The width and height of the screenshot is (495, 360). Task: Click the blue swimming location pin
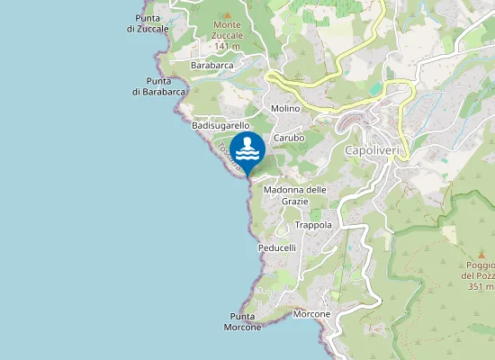click(247, 150)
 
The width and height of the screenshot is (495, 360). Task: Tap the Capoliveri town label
click(375, 150)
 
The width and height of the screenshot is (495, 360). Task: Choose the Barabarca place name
click(212, 66)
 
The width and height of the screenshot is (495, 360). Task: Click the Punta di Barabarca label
click(158, 86)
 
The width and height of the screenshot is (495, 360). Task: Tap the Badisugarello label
click(220, 126)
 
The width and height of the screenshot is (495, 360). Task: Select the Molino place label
click(284, 108)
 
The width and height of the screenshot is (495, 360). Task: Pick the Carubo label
click(289, 138)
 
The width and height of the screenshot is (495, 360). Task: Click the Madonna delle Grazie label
click(294, 195)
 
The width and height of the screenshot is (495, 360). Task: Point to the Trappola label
click(313, 225)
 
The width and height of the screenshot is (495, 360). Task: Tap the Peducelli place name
click(276, 247)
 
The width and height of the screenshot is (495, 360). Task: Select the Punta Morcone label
click(242, 321)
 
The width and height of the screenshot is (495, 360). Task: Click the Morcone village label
click(311, 314)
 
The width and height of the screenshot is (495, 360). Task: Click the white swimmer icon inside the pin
click(247, 148)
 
